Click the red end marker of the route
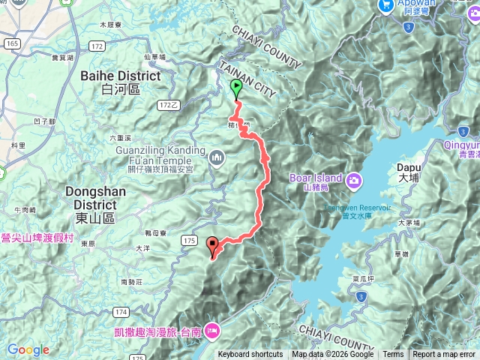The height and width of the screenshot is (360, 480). [213, 246]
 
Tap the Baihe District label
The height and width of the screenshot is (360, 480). [120, 82]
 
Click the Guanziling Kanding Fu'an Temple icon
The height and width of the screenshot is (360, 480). [217, 157]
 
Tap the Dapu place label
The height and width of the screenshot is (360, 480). [409, 172]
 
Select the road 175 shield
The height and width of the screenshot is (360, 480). [188, 240]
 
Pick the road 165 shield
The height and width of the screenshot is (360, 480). [12, 45]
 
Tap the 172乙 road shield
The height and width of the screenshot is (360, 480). [171, 105]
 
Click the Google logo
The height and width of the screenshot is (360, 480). [28, 349]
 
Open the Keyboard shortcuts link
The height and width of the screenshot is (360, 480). [250, 355]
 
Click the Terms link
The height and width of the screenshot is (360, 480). [393, 355]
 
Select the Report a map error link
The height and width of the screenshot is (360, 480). [444, 355]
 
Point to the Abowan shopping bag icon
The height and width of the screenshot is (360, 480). [387, 4]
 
